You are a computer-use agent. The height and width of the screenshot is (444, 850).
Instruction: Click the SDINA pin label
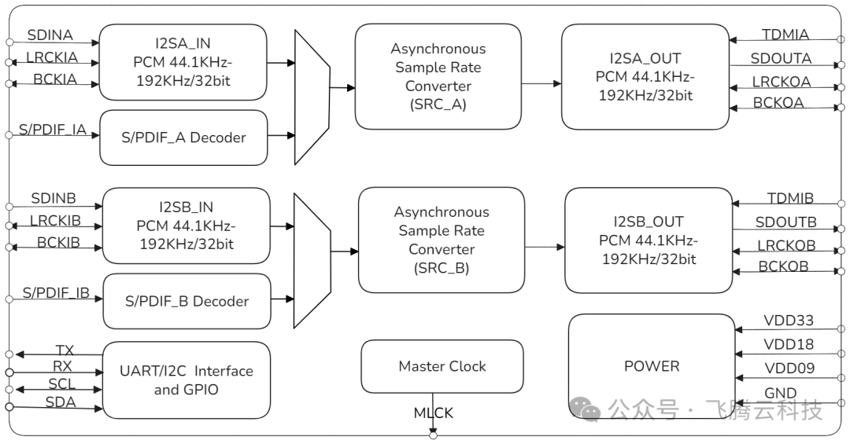(50, 35)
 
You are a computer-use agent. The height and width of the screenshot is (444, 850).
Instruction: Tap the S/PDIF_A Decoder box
(183, 138)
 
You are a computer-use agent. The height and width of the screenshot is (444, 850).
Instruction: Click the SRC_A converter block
(438, 76)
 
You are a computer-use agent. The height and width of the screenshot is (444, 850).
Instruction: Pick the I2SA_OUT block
(645, 77)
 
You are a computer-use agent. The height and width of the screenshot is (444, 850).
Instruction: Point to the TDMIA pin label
(785, 35)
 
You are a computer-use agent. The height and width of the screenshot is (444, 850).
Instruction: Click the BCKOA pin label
(778, 102)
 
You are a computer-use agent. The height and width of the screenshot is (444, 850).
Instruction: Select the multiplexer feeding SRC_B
(312, 261)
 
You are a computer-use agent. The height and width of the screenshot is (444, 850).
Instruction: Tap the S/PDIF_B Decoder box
(187, 301)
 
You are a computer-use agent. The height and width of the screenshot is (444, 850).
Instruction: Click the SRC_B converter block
(441, 240)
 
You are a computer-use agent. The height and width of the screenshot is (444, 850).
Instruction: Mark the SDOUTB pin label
(785, 222)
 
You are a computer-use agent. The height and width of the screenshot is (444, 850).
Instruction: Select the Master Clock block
(442, 366)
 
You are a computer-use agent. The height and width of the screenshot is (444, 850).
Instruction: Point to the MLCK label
(434, 413)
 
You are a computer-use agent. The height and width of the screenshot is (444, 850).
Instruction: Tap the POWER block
(651, 365)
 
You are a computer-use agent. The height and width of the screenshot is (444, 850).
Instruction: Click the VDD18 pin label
(789, 344)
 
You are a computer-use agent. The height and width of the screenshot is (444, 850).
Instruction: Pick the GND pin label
(780, 393)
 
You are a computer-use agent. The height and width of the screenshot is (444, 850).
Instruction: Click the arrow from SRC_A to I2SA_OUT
(541, 83)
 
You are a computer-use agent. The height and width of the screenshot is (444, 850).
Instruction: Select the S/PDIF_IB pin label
(55, 293)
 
